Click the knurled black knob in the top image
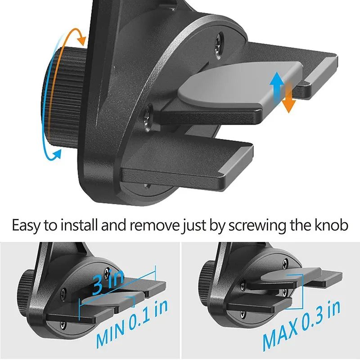(63, 97)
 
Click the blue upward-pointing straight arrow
(275, 88)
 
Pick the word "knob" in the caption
(331, 225)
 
